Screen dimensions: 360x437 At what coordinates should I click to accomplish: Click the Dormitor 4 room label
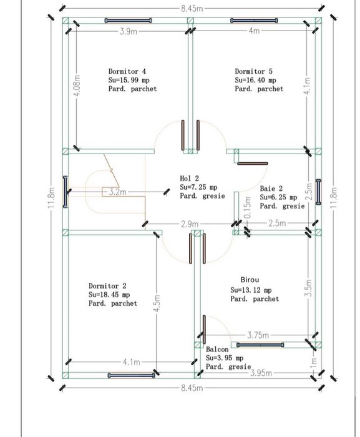tap(127, 72)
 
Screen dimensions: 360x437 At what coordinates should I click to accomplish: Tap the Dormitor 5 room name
tap(253, 72)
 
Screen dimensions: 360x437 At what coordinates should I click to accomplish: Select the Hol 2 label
tap(190, 179)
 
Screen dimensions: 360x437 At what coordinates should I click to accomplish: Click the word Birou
tap(250, 280)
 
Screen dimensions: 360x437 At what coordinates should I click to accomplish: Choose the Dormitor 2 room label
tap(107, 286)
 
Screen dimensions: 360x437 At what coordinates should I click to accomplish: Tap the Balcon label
tap(217, 350)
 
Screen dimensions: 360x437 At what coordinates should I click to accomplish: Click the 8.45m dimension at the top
tap(192, 8)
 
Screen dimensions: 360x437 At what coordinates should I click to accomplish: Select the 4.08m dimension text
tap(77, 85)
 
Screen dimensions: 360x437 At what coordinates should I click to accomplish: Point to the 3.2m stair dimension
tap(117, 192)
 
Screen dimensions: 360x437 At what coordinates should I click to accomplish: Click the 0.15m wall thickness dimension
tap(248, 207)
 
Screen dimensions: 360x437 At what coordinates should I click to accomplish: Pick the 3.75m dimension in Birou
tap(258, 335)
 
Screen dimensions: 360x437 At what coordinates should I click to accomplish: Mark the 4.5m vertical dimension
tap(157, 303)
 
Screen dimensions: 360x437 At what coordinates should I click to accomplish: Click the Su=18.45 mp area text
tap(109, 295)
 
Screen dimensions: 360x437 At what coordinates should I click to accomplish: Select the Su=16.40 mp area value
tap(256, 81)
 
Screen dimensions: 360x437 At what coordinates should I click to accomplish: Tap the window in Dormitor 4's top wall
tap(129, 21)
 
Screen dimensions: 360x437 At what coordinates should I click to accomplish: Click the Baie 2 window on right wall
tap(318, 192)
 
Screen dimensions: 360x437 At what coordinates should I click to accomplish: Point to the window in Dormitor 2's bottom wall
tap(132, 375)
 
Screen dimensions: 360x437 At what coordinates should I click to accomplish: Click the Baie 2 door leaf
tap(253, 164)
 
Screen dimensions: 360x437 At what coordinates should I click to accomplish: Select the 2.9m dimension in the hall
tap(190, 224)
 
